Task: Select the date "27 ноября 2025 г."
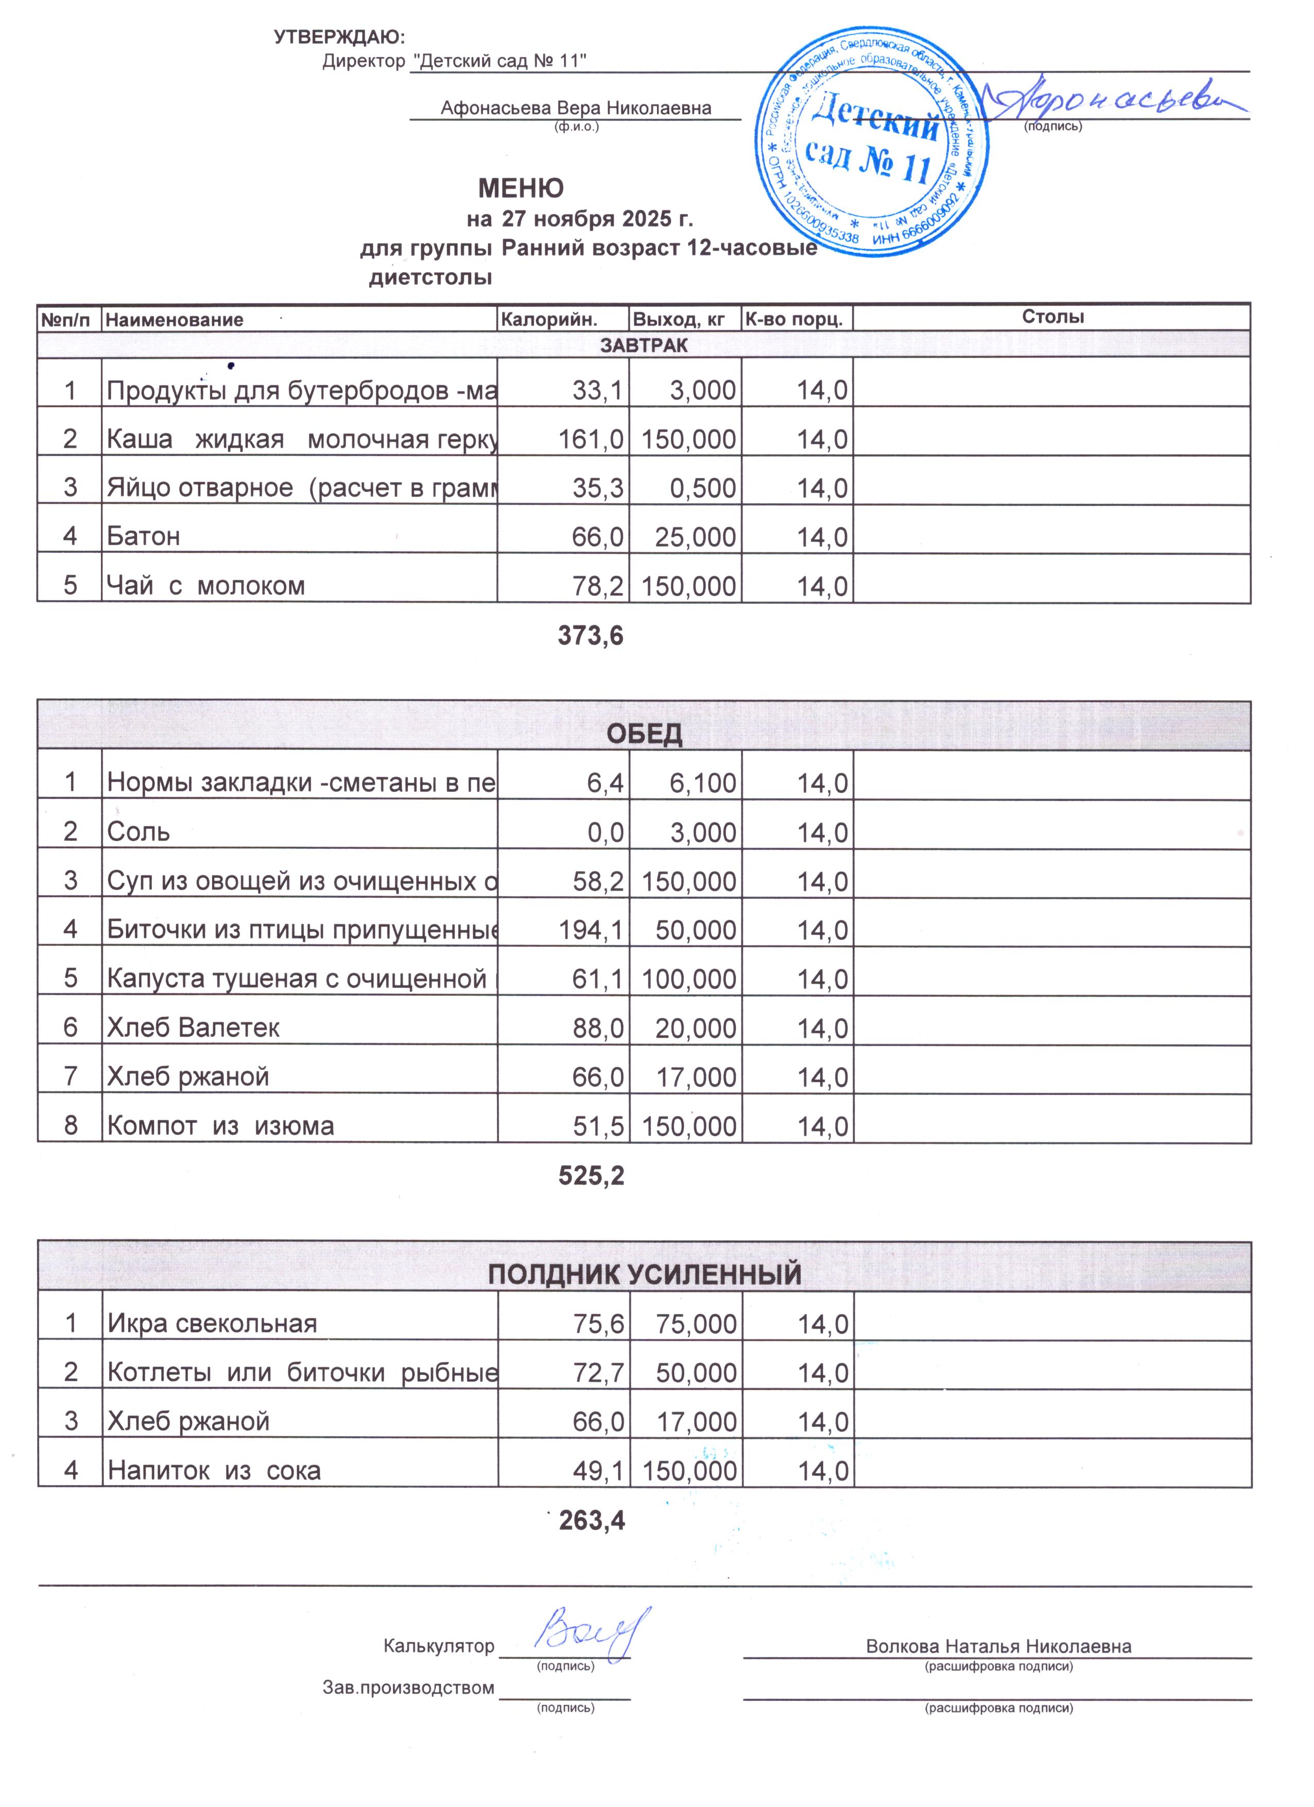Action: [598, 218]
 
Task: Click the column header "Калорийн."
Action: [548, 320]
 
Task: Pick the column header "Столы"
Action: [1052, 317]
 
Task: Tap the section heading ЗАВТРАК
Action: [644, 344]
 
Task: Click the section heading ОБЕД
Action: [644, 733]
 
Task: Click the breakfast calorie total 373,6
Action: [591, 636]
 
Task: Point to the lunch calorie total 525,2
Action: [591, 1175]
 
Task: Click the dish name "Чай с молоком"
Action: [205, 586]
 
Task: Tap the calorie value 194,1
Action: [591, 930]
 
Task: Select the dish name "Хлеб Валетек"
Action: [194, 1028]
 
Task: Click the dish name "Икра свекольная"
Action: [212, 1324]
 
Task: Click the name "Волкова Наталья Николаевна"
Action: [998, 1646]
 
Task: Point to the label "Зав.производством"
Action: [408, 1687]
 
